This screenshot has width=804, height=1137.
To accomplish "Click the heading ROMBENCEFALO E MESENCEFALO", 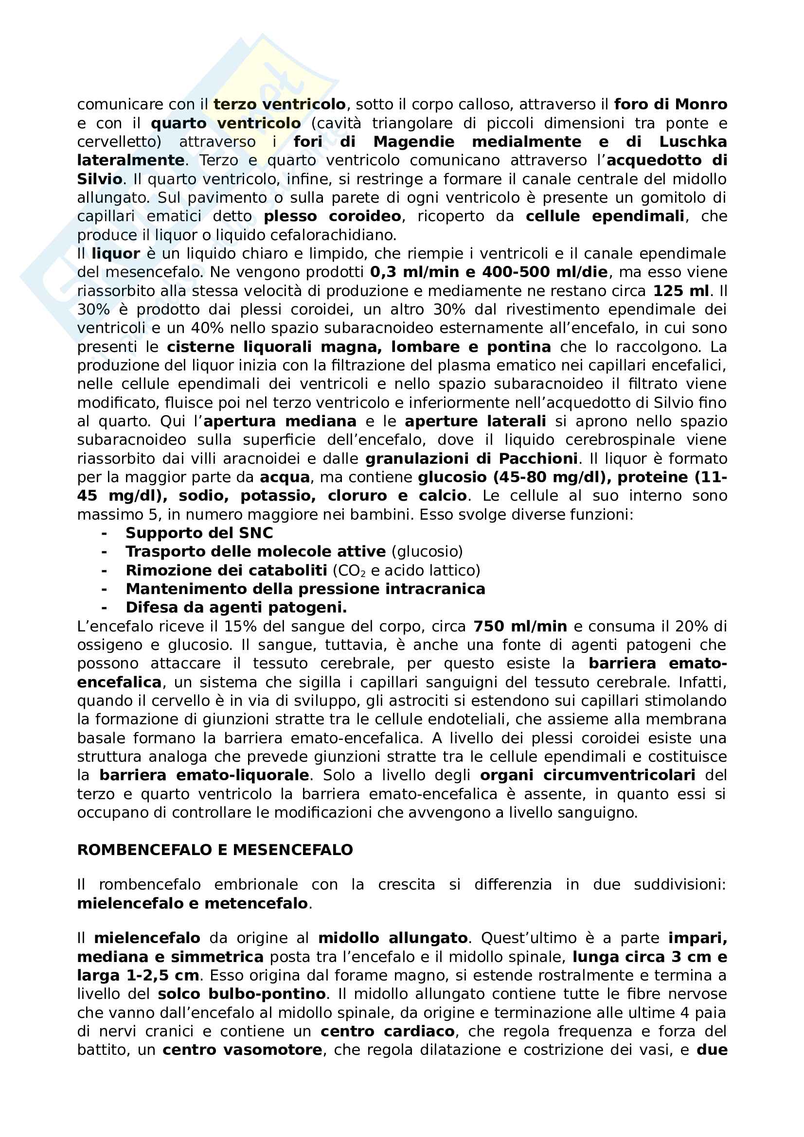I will pos(215,850).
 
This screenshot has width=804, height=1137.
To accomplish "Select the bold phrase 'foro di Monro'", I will pos(670,105).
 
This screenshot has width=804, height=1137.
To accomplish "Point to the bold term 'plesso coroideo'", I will pos(332,216).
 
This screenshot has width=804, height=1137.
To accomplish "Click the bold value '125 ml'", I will pos(680,291).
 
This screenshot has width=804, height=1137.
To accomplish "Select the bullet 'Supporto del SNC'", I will pos(199,533).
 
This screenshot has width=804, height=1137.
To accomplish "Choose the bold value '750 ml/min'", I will pos(520,627).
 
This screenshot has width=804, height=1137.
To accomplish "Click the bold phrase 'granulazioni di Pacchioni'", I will pos(472,458).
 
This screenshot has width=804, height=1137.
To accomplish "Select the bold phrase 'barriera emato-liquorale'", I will pos(204,775).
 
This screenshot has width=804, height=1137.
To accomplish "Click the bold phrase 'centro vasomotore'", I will pos(242,1050).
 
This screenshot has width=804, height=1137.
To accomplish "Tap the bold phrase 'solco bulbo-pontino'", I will pos(242,994).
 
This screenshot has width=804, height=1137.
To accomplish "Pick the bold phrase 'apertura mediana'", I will pos(280,421).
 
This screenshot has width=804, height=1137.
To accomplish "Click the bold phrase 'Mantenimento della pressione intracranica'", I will pos(305,589).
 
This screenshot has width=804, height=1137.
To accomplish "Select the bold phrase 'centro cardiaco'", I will pos(387,1031).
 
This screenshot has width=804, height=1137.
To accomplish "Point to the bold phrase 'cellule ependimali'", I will pos(605,216).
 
